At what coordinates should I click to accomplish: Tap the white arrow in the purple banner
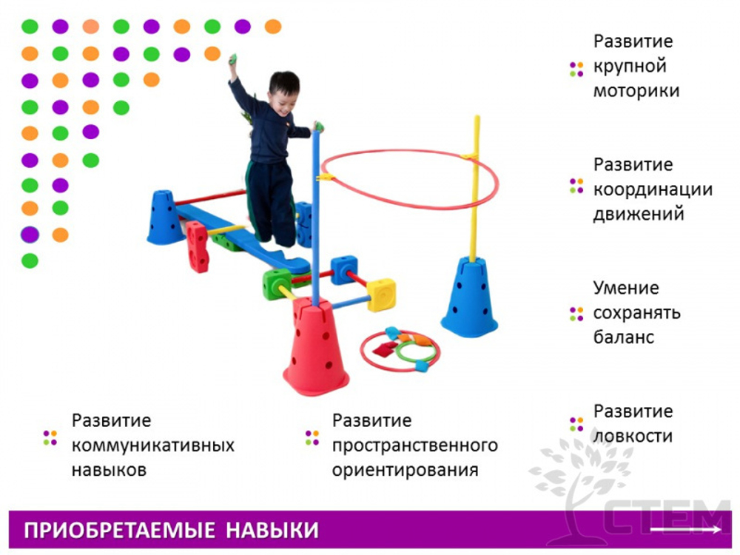(685, 530)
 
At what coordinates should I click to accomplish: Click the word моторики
(636, 91)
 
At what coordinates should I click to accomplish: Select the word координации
(653, 189)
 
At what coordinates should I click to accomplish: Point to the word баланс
(624, 337)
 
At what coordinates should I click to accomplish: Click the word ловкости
(633, 436)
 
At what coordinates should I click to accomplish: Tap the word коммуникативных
(153, 445)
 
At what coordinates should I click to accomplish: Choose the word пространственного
(414, 445)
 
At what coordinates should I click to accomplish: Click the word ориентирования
(405, 470)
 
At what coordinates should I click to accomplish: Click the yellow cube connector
(381, 294)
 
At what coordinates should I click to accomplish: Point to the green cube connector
(276, 283)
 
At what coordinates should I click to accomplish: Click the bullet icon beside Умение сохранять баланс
(576, 313)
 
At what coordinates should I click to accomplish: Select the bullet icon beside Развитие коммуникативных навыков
(50, 437)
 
